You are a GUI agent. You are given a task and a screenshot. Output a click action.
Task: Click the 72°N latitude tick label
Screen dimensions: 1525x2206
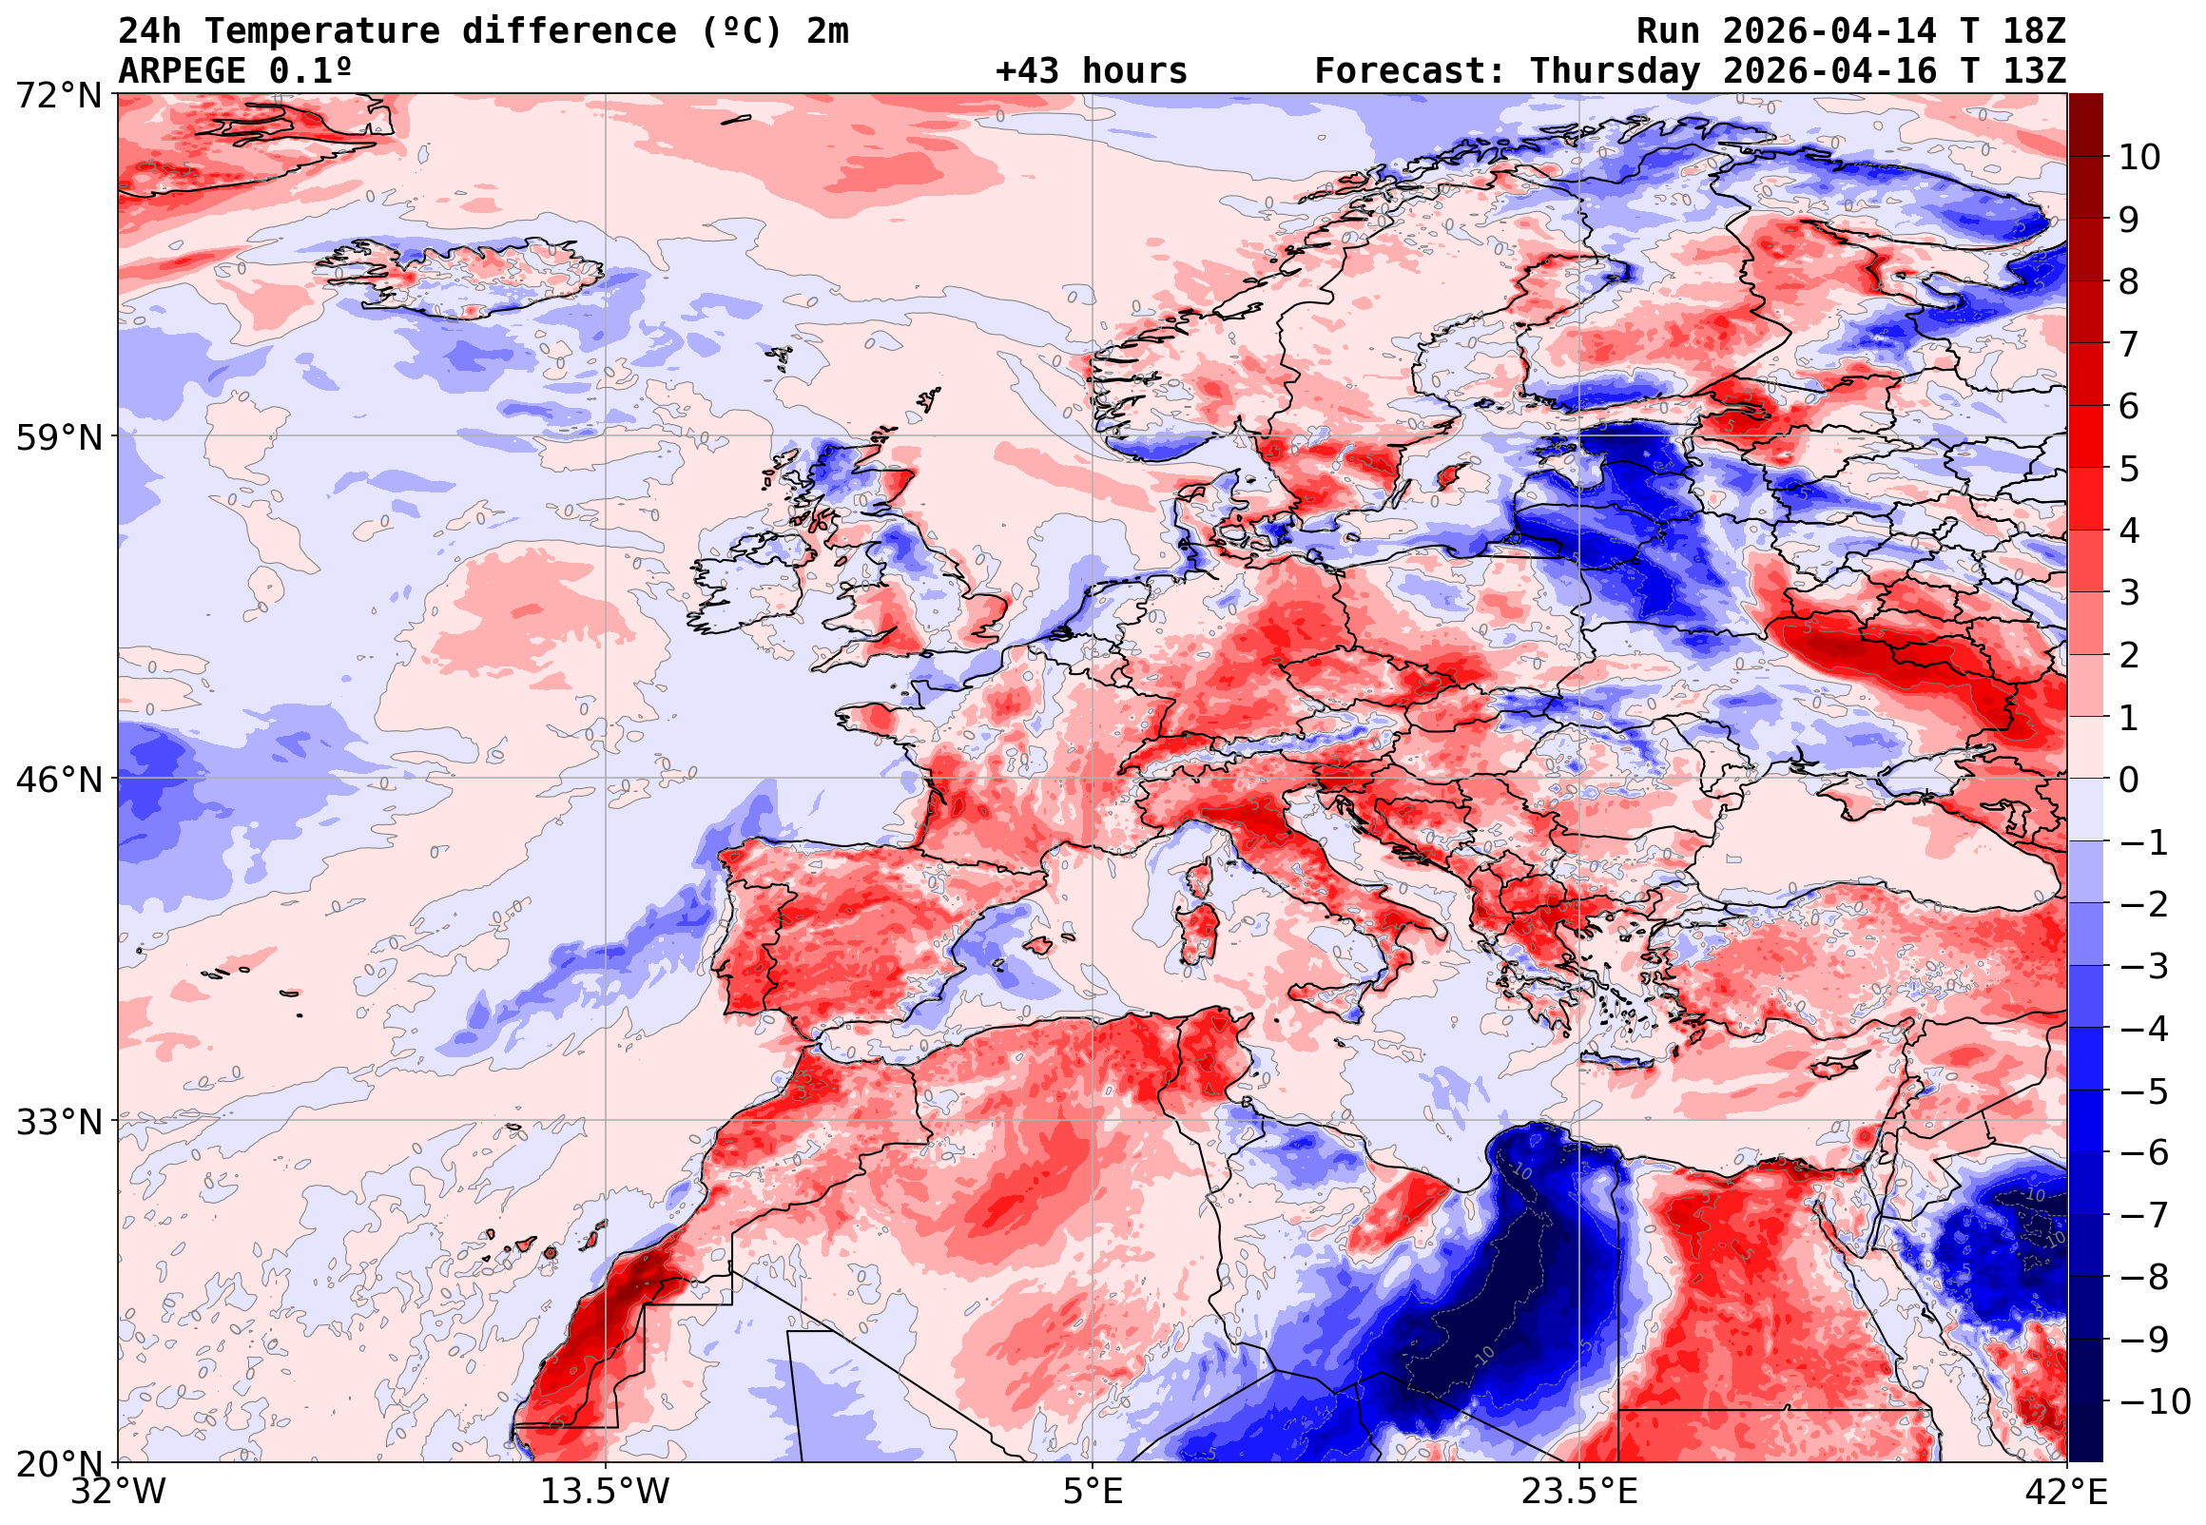57,96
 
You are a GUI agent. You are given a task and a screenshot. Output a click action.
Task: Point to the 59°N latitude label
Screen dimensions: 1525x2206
57,438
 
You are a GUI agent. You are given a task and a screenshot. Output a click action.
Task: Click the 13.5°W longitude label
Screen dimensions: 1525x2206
606,1492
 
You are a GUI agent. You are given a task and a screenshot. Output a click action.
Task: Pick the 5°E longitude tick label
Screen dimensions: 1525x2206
1093,1492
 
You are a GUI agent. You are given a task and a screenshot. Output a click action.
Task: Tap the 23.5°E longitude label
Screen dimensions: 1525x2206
1579,1492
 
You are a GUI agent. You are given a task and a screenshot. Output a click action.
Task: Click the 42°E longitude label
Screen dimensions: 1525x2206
2067,1492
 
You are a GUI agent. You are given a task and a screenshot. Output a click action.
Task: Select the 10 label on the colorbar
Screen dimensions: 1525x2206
2139,158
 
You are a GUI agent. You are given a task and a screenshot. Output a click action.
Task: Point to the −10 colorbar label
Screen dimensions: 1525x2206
2155,1402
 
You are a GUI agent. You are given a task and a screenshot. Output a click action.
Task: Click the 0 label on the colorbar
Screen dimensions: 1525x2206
2129,781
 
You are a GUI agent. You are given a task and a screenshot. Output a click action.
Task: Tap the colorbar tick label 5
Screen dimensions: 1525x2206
2129,470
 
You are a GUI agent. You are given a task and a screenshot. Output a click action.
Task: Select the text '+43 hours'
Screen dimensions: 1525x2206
1091,71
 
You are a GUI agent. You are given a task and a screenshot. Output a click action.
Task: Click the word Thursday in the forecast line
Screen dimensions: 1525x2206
1615,71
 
